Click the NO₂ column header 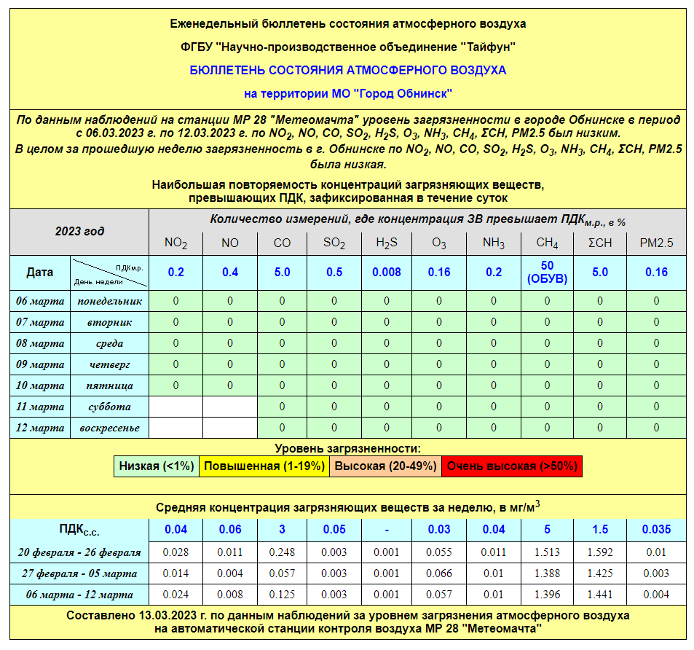[x=176, y=243]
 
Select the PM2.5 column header [x=656, y=243]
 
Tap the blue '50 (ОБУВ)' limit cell [x=547, y=272]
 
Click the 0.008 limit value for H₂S [x=387, y=272]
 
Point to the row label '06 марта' [x=40, y=301]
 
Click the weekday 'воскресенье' [x=109, y=428]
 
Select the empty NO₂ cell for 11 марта [x=176, y=407]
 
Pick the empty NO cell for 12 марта [x=230, y=428]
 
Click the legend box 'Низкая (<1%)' [x=157, y=466]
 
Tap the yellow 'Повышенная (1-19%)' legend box [x=264, y=466]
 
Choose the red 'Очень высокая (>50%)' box [x=512, y=466]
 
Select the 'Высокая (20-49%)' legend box [x=385, y=466]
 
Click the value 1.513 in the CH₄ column [x=547, y=552]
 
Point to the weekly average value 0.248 [x=282, y=552]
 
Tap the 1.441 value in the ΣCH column [x=600, y=594]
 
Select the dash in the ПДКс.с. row [x=387, y=530]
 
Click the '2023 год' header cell [x=79, y=232]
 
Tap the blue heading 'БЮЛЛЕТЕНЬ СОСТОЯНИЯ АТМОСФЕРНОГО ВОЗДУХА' [x=347, y=71]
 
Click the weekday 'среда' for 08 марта [x=109, y=343]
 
